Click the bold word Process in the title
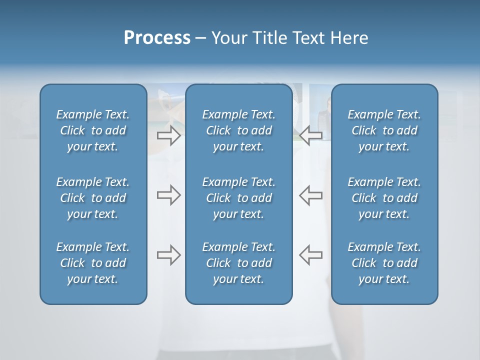pos(157,38)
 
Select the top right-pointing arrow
pos(168,135)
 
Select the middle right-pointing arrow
pos(168,195)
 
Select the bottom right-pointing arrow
pos(168,255)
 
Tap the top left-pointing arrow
pos(311,134)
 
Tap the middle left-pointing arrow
pos(311,195)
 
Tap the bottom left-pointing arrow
pos(311,255)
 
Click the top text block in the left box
pos(93,130)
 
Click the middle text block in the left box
pos(93,198)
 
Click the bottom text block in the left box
pos(93,263)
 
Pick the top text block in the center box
pos(238,130)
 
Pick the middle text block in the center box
pos(238,198)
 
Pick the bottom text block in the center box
pos(238,263)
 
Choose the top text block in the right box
pos(384,130)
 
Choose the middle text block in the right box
pos(384,198)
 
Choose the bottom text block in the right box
pos(384,263)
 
